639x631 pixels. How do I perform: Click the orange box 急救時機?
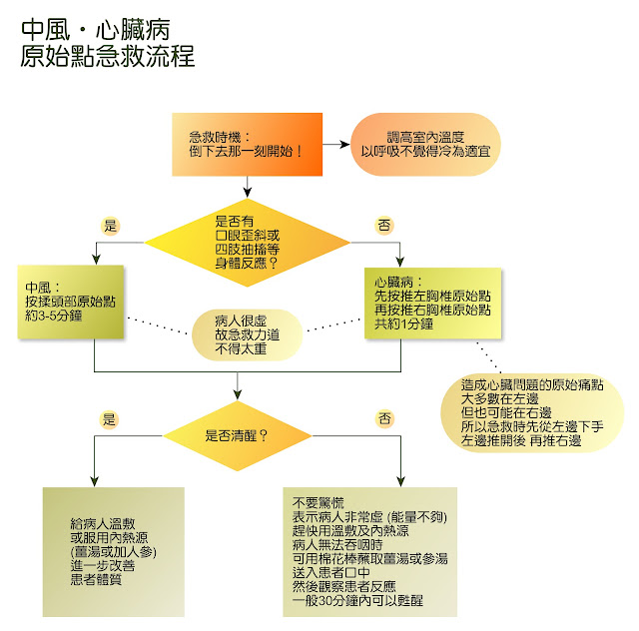tap(244, 144)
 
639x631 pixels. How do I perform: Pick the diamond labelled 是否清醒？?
tap(238, 435)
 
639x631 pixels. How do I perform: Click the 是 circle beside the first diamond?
tap(111, 224)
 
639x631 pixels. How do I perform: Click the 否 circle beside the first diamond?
tap(384, 226)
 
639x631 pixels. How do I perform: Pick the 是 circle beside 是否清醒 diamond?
tap(110, 419)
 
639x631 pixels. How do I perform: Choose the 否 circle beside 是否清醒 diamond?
tap(384, 419)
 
